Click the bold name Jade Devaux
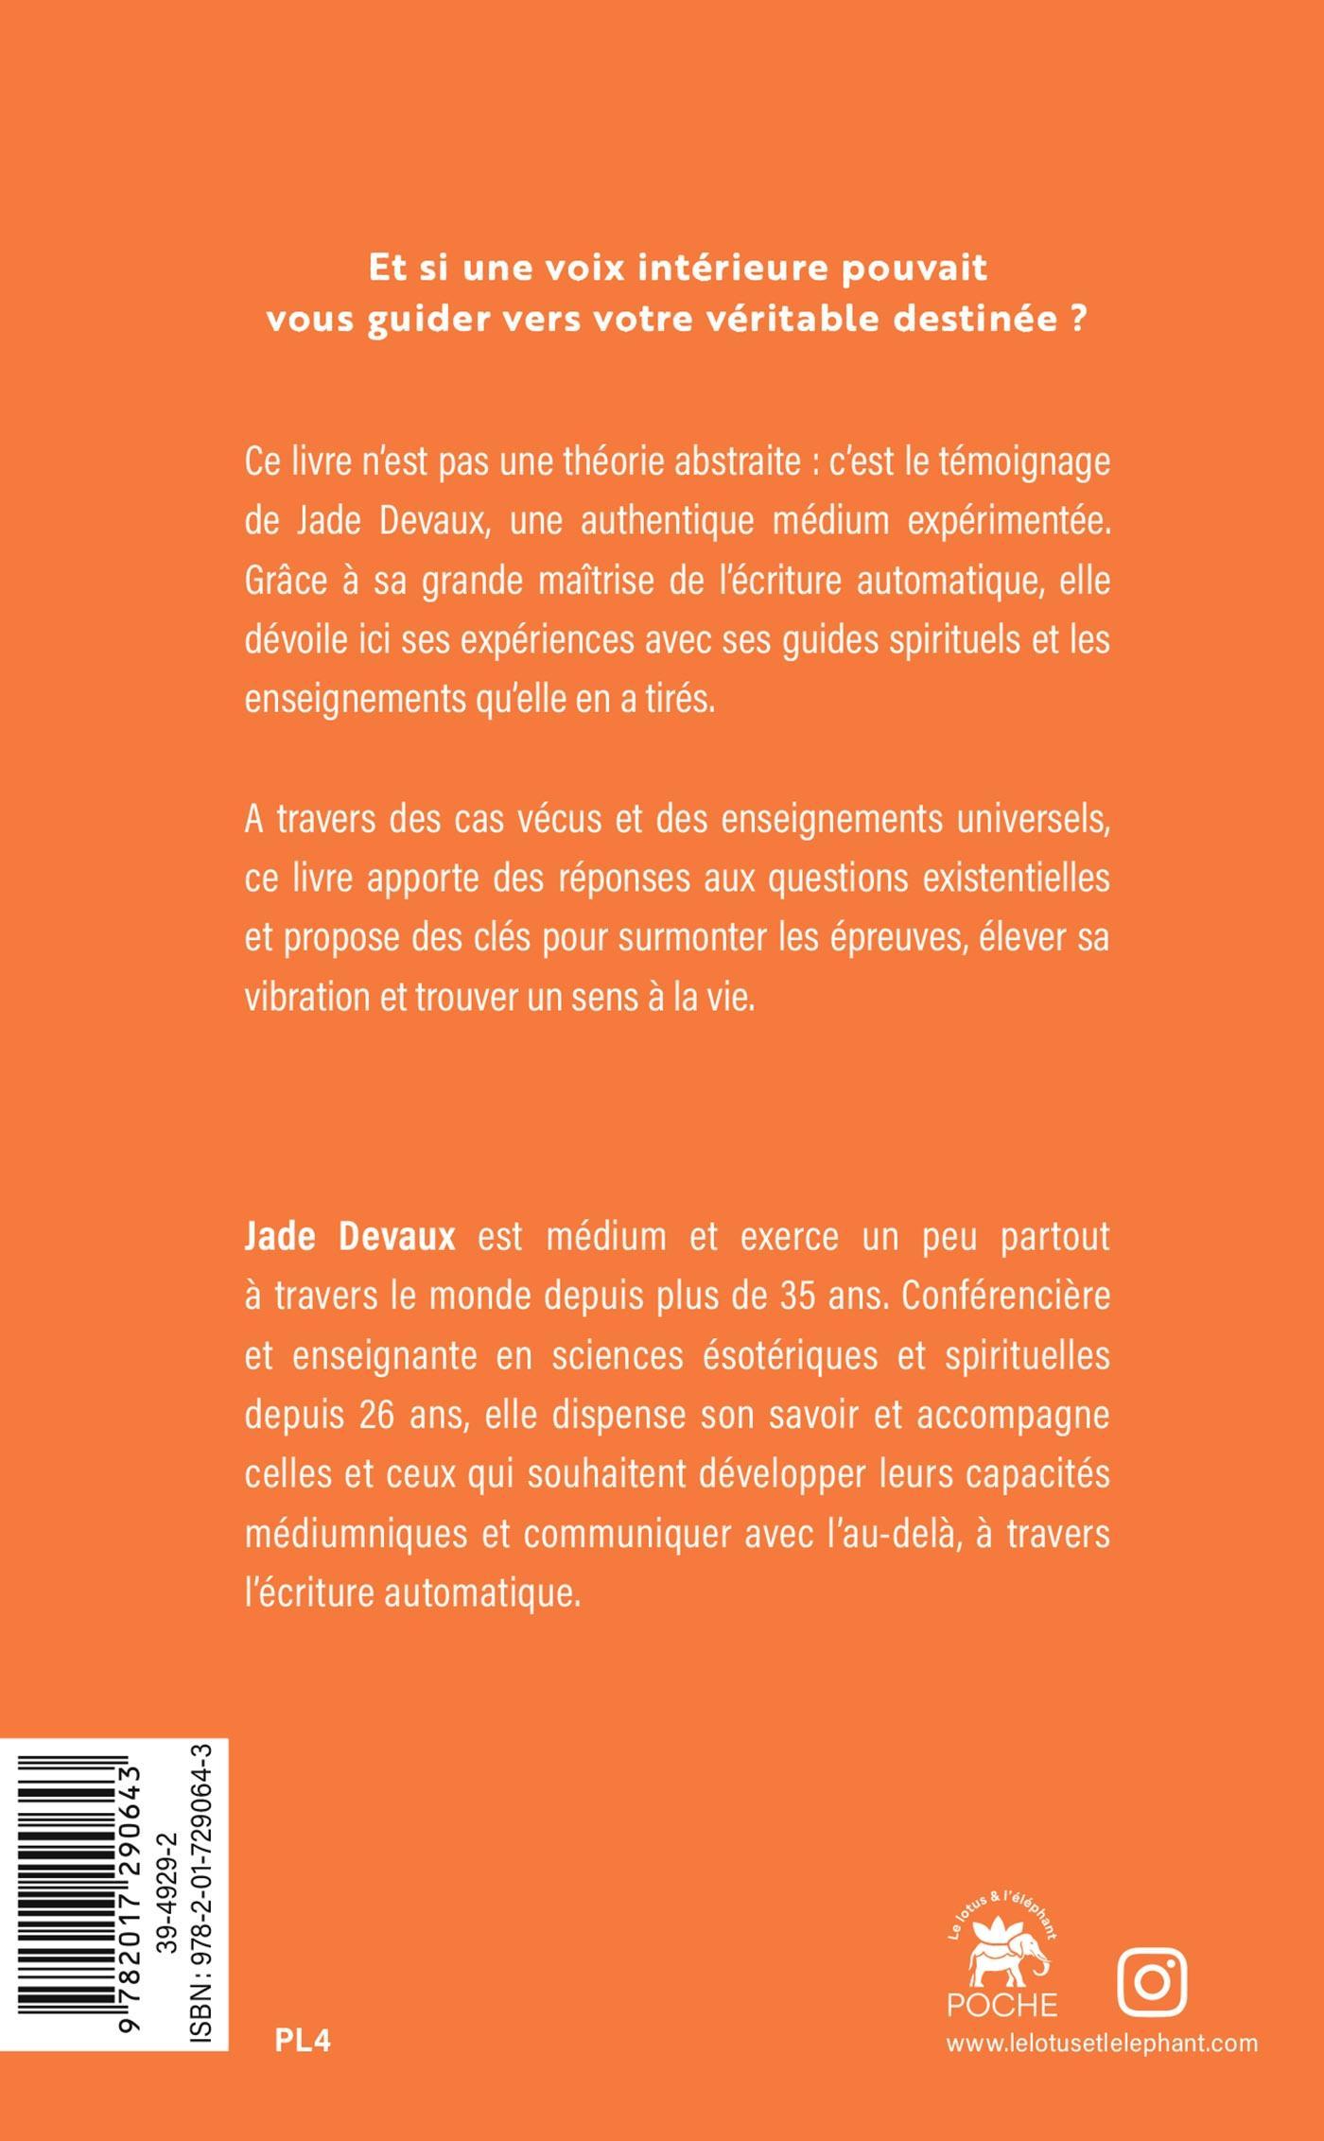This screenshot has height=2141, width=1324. (350, 1238)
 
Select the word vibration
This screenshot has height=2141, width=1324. (305, 998)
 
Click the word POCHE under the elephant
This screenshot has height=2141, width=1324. (1002, 2004)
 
